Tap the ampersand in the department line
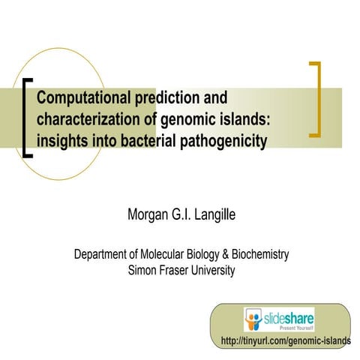click(223, 255)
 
